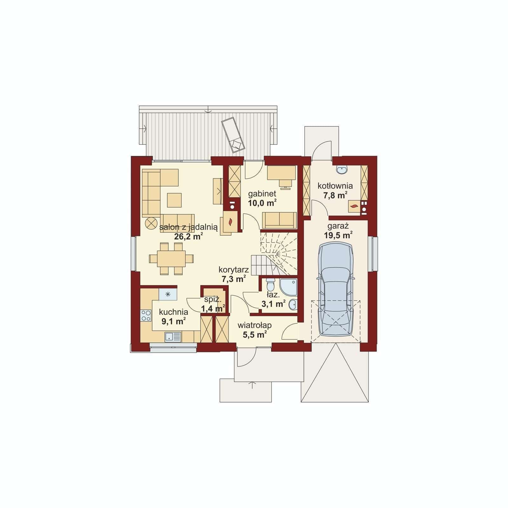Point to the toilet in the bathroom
pyautogui.click(x=271, y=283)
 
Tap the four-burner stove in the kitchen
pyautogui.click(x=146, y=316)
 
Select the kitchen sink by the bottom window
pyautogui.click(x=173, y=337)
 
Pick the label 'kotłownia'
pyautogui.click(x=335, y=186)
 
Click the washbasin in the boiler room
pyautogui.click(x=342, y=170)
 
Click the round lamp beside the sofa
pyautogui.click(x=151, y=223)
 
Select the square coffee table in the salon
pyautogui.click(x=174, y=200)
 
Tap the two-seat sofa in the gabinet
pyautogui.click(x=279, y=220)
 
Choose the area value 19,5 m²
pyautogui.click(x=338, y=235)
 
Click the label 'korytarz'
pyautogui.click(x=234, y=270)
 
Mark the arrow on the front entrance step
pyautogui.click(x=252, y=385)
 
